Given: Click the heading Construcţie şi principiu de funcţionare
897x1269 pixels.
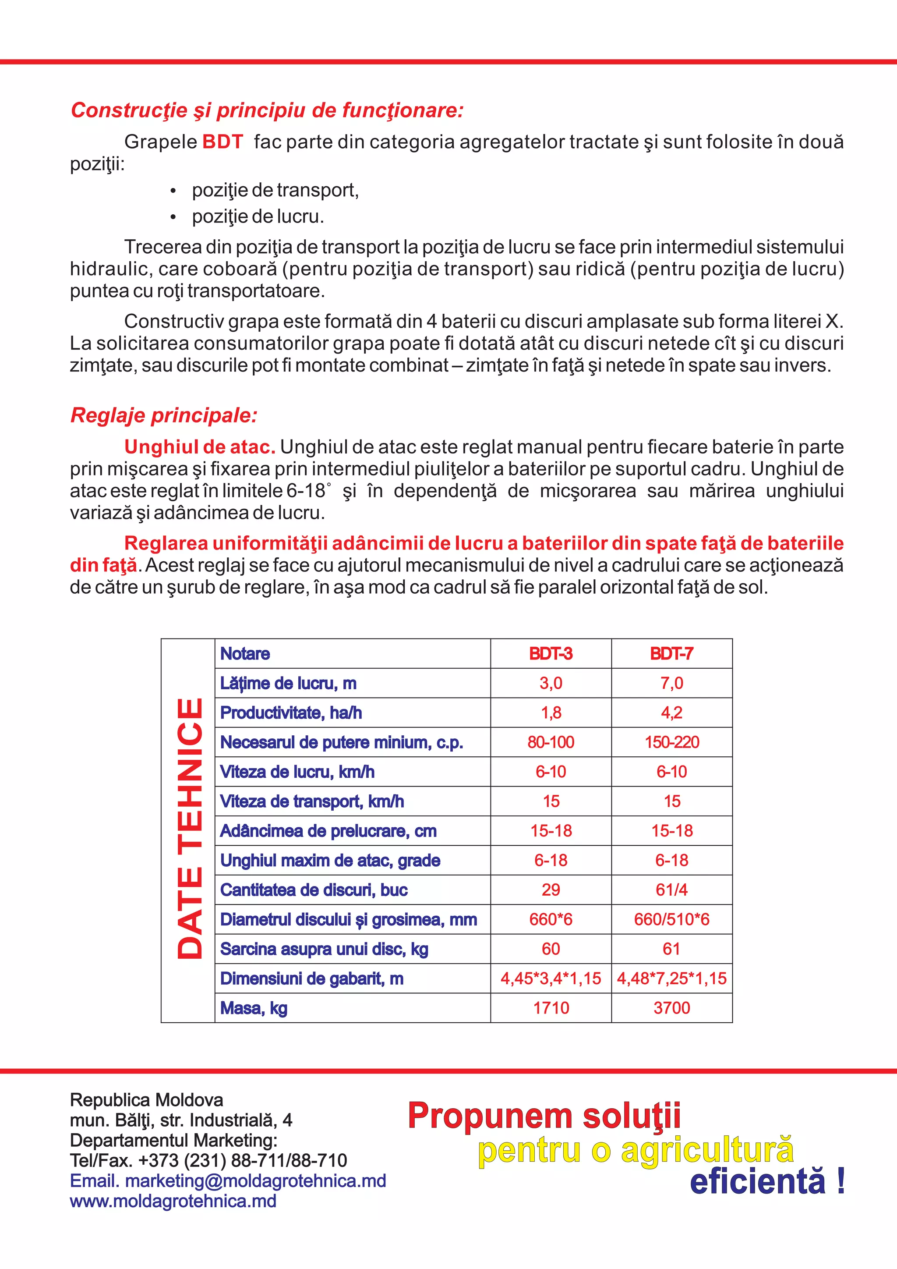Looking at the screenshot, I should [267, 110].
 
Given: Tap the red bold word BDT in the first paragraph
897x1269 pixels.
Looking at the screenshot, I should [222, 142].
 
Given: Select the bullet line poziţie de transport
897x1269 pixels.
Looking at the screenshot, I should [275, 190].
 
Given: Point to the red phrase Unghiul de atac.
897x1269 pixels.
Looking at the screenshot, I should [199, 447].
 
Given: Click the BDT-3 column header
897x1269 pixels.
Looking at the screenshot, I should [551, 654].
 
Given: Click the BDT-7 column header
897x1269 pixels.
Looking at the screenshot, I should [671, 654].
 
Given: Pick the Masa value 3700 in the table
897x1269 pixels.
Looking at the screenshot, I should [671, 1007].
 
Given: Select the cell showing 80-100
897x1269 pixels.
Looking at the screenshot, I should [551, 742].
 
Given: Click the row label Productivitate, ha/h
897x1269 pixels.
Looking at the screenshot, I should [291, 713].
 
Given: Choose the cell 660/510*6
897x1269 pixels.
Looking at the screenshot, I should [671, 919].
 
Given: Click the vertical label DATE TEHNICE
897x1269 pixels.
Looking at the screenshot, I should [189, 829].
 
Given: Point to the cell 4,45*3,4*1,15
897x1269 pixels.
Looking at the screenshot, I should [551, 978].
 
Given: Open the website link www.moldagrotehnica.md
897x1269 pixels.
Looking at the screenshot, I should [173, 1201].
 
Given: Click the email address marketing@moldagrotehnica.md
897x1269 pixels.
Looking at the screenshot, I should [255, 1180].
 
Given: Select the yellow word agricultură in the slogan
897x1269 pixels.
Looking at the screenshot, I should [707, 1151].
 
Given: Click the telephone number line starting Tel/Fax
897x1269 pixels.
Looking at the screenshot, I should [208, 1160].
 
